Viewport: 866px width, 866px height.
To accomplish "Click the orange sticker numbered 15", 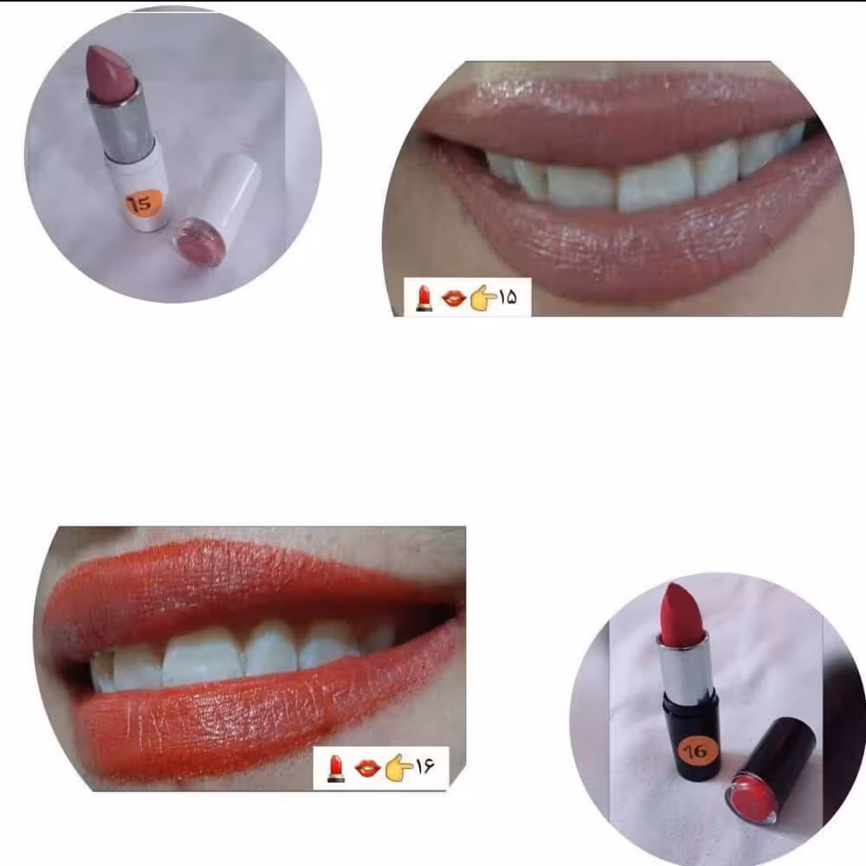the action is [x=143, y=204].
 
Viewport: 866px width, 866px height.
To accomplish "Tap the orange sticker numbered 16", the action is [x=696, y=751].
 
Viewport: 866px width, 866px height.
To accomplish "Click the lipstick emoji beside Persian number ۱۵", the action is [x=424, y=298].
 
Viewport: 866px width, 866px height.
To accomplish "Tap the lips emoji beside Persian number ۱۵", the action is [x=454, y=299].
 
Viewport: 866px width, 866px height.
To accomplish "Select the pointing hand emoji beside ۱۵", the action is [x=483, y=298].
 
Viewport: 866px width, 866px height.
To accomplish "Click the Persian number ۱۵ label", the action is [x=508, y=298].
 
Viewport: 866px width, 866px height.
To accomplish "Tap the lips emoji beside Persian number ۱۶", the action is [x=367, y=768].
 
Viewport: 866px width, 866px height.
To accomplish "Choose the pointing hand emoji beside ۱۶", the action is [x=398, y=768].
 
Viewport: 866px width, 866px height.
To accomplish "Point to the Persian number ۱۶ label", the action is [x=424, y=766].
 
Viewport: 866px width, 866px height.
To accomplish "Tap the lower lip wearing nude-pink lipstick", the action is [x=635, y=243].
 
